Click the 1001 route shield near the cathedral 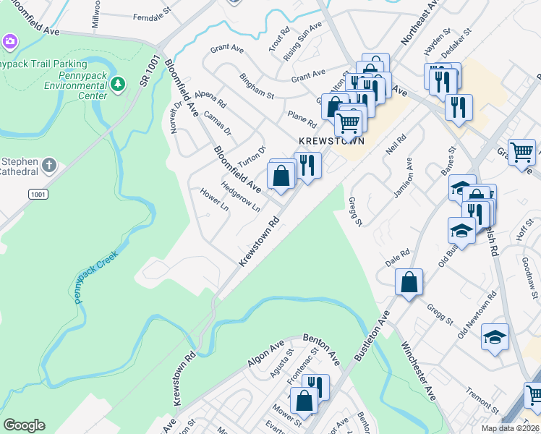pos(38,195)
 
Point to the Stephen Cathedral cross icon pos(48,166)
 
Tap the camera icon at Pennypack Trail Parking pos(9,41)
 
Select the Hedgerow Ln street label pos(240,196)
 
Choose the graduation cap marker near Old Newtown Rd pos(495,336)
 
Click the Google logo pos(24,425)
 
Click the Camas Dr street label pos(217,124)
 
